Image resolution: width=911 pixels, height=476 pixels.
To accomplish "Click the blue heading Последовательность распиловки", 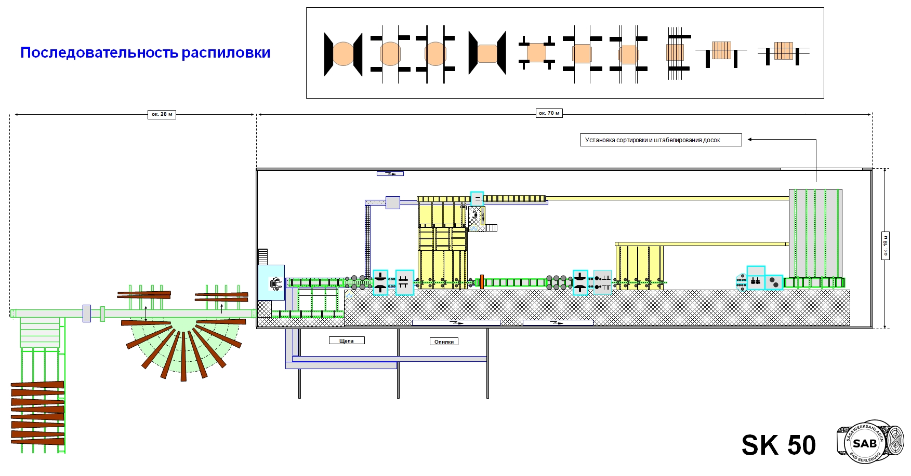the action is pyautogui.click(x=146, y=52).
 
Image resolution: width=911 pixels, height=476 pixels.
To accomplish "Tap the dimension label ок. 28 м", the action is pyautogui.click(x=162, y=114).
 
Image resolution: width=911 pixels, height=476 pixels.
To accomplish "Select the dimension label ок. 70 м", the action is pyautogui.click(x=549, y=113).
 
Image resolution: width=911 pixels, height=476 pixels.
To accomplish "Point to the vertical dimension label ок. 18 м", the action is pyautogui.click(x=886, y=246).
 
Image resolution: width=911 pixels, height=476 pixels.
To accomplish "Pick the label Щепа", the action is pyautogui.click(x=347, y=341).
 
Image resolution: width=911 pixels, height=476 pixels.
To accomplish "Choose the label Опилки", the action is pyautogui.click(x=444, y=342).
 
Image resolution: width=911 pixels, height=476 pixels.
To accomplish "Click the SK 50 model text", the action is pyautogui.click(x=778, y=445).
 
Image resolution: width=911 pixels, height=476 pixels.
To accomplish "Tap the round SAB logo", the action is pyautogui.click(x=865, y=442).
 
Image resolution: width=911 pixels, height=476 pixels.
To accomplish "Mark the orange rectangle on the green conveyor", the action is pyautogui.click(x=482, y=282).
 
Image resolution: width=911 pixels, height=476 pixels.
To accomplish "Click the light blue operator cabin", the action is pyautogui.click(x=271, y=282).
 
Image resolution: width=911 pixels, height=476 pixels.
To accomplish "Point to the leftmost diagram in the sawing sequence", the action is pyautogui.click(x=343, y=53).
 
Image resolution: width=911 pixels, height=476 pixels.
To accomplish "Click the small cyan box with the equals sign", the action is pyautogui.click(x=477, y=198).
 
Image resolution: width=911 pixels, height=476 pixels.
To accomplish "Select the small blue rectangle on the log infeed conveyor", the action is pyautogui.click(x=87, y=314).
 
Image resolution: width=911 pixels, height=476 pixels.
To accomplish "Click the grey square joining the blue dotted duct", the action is pyautogui.click(x=393, y=202).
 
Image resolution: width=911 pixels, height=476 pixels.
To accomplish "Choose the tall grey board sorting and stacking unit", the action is pyautogui.click(x=815, y=233).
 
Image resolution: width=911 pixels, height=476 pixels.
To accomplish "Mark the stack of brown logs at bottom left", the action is pyautogui.click(x=38, y=414).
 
